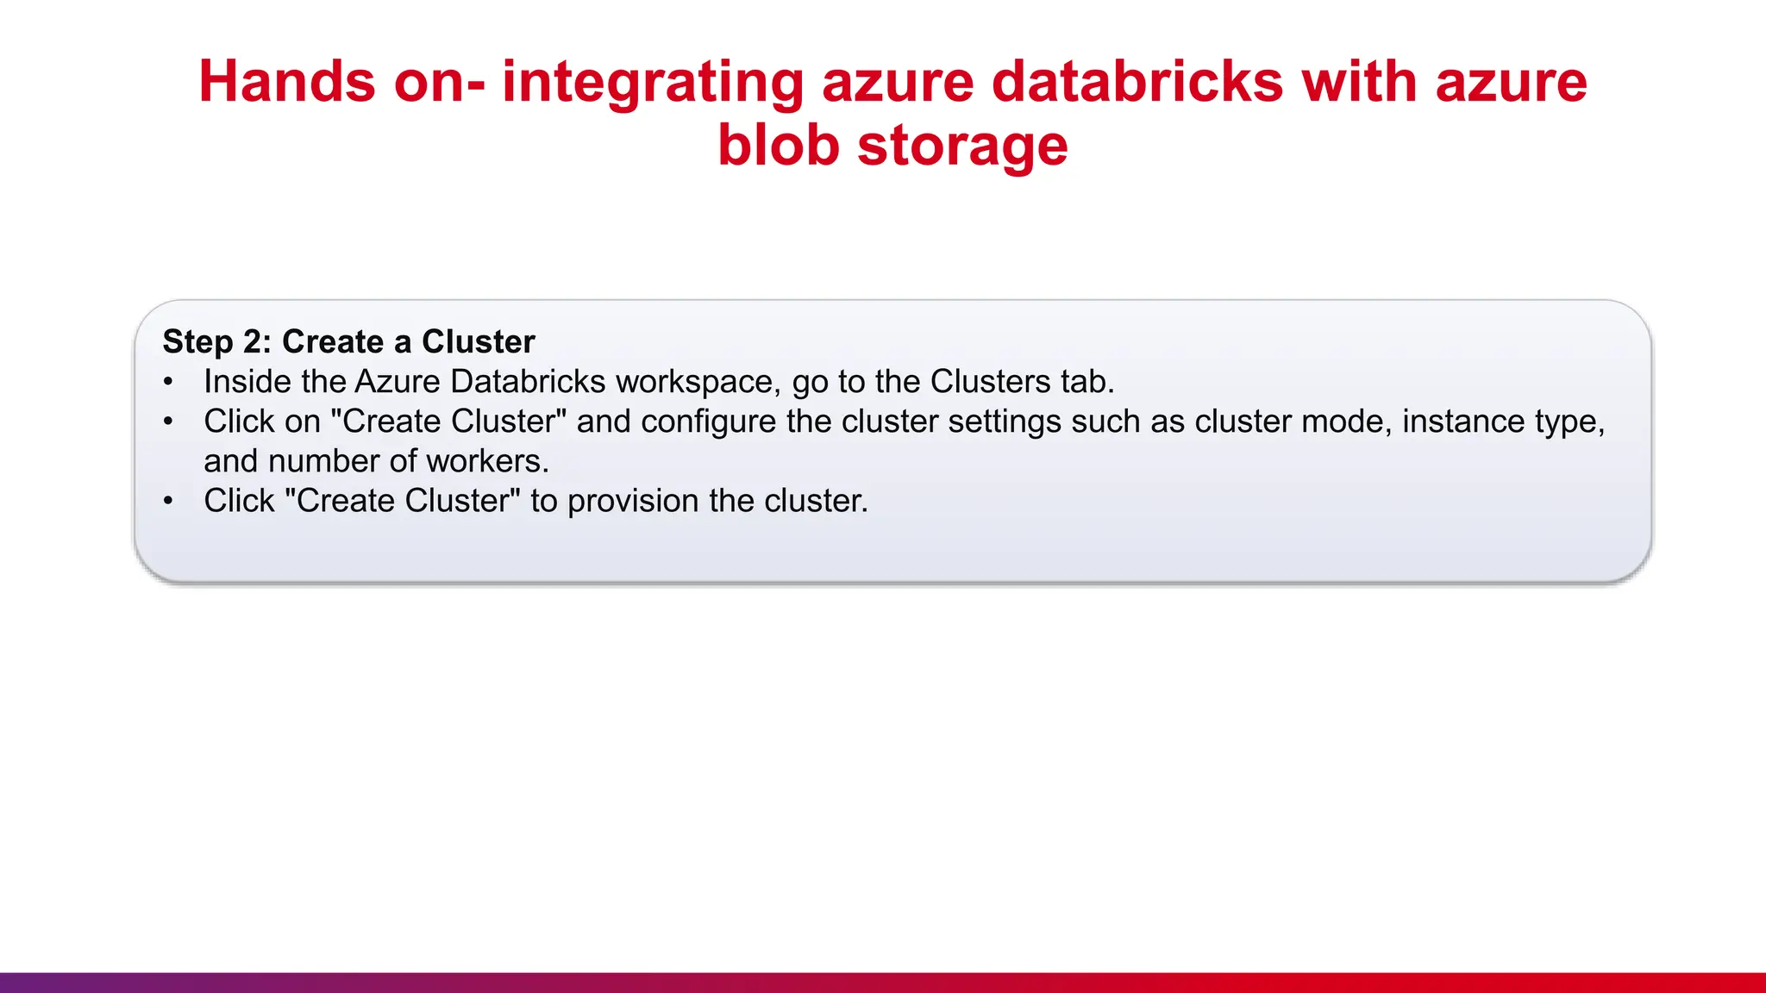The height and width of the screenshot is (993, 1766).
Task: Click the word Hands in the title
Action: [x=287, y=82]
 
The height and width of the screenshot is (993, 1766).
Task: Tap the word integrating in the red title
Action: [x=652, y=82]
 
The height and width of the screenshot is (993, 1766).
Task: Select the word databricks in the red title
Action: [x=1137, y=82]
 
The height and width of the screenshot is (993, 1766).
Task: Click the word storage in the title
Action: [x=962, y=145]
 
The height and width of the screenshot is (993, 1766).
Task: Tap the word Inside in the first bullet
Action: [x=247, y=382]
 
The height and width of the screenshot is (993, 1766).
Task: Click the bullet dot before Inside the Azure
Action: [x=168, y=382]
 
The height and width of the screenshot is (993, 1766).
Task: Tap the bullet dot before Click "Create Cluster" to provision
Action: [x=168, y=501]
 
